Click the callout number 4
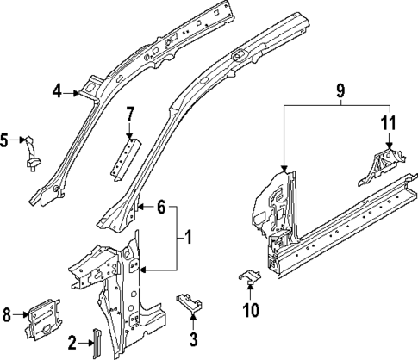pyautogui.click(x=56, y=90)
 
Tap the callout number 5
pyautogui.click(x=6, y=138)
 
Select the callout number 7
pyautogui.click(x=130, y=115)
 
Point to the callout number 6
pyautogui.click(x=161, y=207)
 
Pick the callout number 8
pyautogui.click(x=8, y=315)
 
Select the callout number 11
pyautogui.click(x=389, y=123)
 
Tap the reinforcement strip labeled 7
pyautogui.click(x=122, y=155)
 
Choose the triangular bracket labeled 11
pyautogui.click(x=379, y=164)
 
